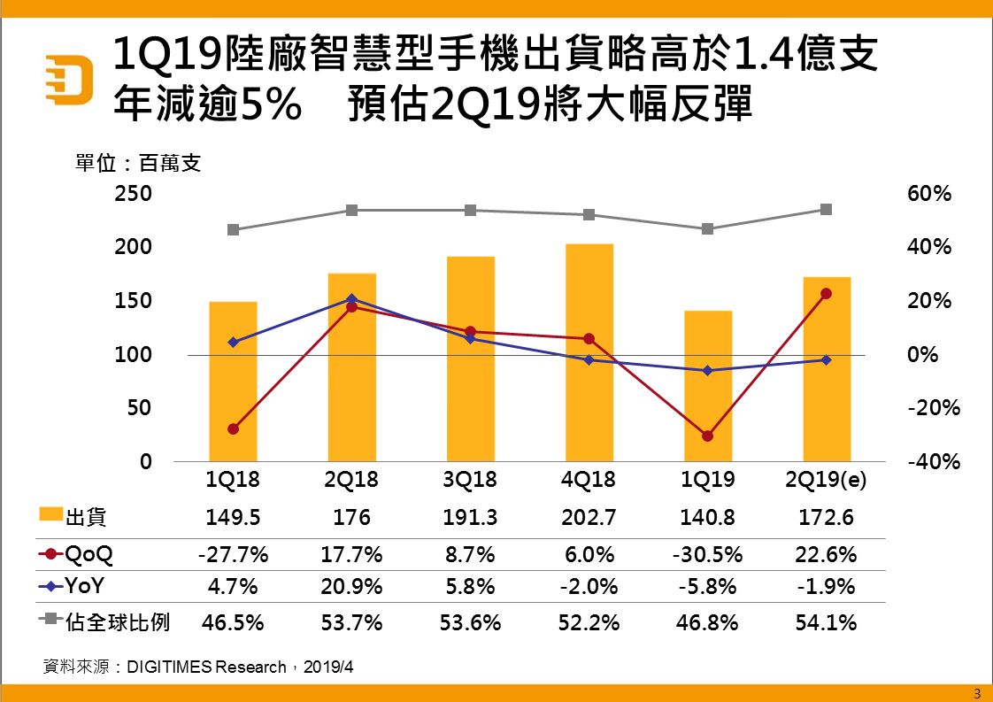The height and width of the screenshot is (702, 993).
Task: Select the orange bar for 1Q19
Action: (708, 386)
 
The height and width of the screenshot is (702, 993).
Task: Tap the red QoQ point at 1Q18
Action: (233, 429)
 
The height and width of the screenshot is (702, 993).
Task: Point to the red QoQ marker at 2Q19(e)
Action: (827, 293)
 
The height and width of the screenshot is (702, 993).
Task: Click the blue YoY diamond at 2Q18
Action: (352, 298)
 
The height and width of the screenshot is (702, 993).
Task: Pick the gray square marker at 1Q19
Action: (708, 228)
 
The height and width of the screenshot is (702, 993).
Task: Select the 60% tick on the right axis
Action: (929, 193)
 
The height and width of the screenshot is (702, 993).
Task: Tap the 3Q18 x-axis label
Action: (470, 481)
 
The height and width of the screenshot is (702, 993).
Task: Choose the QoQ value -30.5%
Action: (708, 555)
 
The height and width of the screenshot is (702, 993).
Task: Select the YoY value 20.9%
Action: (352, 586)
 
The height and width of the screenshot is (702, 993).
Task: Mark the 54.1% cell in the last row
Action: (827, 622)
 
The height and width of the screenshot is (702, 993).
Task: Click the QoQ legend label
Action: (89, 555)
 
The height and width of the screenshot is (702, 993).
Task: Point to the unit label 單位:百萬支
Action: (137, 164)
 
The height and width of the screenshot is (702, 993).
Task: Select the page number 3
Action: (977, 692)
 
